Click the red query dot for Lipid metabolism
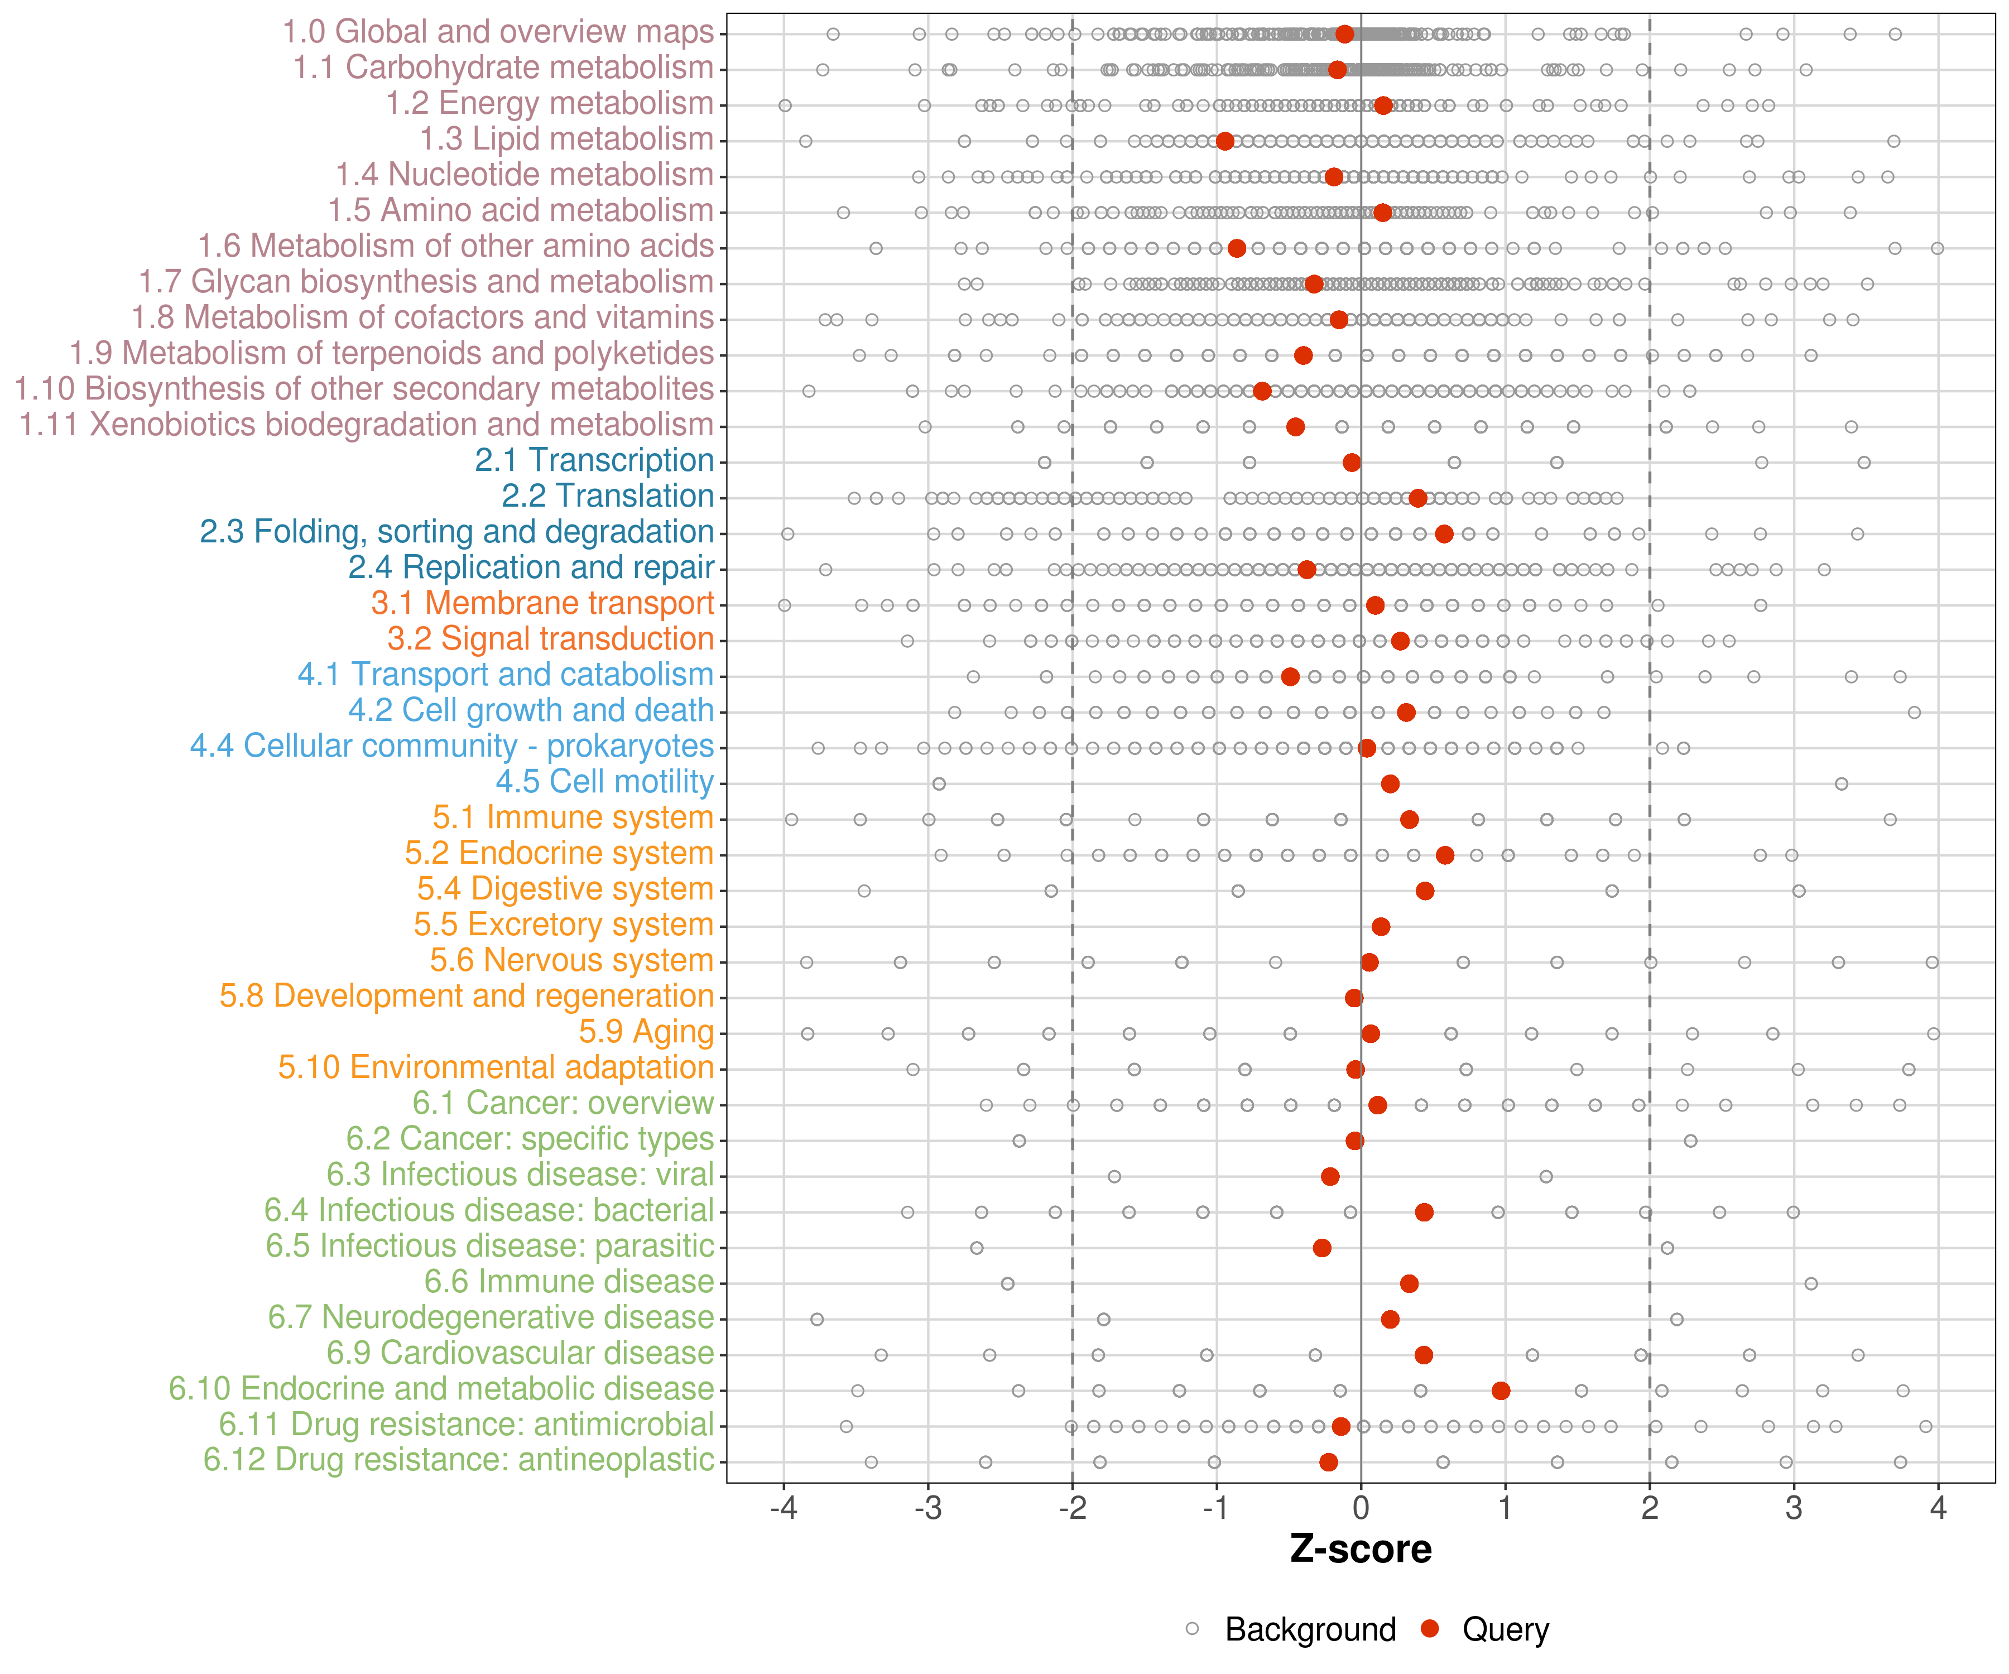point(1224,142)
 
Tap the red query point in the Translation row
point(1418,498)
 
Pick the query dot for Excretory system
point(1381,926)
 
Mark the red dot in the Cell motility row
point(1390,783)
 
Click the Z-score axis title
point(1361,1550)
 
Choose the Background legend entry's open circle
point(1192,1629)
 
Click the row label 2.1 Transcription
point(594,460)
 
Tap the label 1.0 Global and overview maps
point(497,32)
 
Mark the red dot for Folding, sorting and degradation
point(1444,534)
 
